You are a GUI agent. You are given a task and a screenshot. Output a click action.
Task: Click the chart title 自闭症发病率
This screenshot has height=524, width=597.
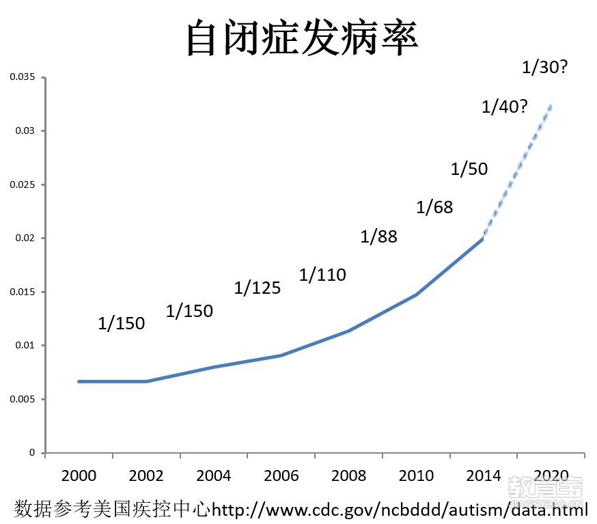point(302,38)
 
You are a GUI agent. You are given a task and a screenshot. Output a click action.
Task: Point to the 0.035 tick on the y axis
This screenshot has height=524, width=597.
point(23,77)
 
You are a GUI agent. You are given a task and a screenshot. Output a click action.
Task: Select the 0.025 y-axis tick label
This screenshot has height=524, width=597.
point(23,184)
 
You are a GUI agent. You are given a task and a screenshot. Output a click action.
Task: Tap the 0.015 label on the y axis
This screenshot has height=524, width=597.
point(23,292)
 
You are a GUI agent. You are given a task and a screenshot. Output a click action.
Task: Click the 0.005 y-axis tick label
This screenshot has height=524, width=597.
point(23,399)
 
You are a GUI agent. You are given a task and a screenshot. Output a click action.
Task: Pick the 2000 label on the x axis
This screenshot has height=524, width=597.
point(79,475)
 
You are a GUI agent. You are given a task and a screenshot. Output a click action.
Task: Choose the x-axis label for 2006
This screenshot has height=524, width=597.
point(281,475)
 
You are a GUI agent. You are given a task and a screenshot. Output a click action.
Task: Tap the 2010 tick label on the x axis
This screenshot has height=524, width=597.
point(416,475)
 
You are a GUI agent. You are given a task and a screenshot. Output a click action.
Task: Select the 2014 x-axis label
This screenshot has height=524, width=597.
point(484,475)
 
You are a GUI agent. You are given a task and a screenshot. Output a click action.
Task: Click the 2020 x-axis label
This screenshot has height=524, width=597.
point(551,475)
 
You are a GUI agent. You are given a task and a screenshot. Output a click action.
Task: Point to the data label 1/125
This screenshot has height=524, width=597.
point(258,288)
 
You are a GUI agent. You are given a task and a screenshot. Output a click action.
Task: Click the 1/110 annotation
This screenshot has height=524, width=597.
point(322,275)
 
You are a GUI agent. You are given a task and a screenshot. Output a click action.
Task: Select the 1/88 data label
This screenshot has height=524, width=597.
point(378,237)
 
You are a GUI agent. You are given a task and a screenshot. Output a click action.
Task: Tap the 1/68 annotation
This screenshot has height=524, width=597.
point(434,207)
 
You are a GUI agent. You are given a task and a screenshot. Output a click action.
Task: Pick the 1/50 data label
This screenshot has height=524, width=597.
point(469,169)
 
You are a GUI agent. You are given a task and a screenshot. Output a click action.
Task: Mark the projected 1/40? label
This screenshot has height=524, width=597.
point(504,107)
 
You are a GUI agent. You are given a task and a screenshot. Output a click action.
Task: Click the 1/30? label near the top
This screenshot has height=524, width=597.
point(544,67)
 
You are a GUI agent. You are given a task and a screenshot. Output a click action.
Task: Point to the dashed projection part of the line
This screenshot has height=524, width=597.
point(517,171)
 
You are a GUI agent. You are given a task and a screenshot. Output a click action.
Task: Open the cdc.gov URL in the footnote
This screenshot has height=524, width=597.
point(400,509)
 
